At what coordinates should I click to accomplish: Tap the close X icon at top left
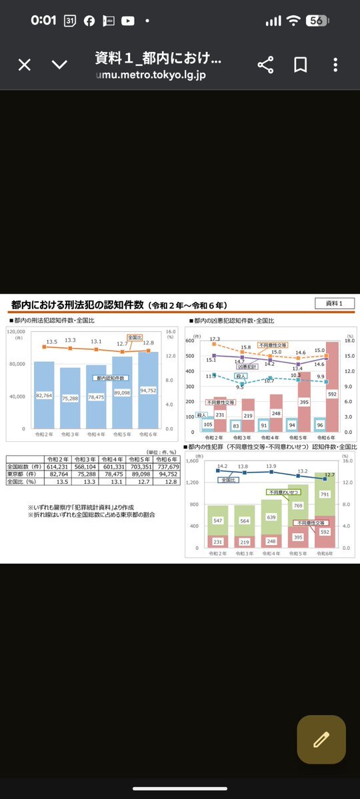pyautogui.click(x=25, y=65)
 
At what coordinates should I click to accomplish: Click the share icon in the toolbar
pyautogui.click(x=265, y=65)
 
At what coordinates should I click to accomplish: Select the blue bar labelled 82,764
pyautogui.click(x=44, y=395)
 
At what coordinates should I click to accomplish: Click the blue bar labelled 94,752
pyautogui.click(x=149, y=390)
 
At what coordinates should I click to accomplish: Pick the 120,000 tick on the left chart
pyautogui.click(x=16, y=331)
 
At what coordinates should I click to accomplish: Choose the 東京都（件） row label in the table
pyautogui.click(x=24, y=474)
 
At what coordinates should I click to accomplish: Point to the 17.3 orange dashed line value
pyautogui.click(x=214, y=339)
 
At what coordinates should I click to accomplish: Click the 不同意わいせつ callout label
pyautogui.click(x=283, y=492)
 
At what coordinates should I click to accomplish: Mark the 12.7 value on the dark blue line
pyautogui.click(x=329, y=474)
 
